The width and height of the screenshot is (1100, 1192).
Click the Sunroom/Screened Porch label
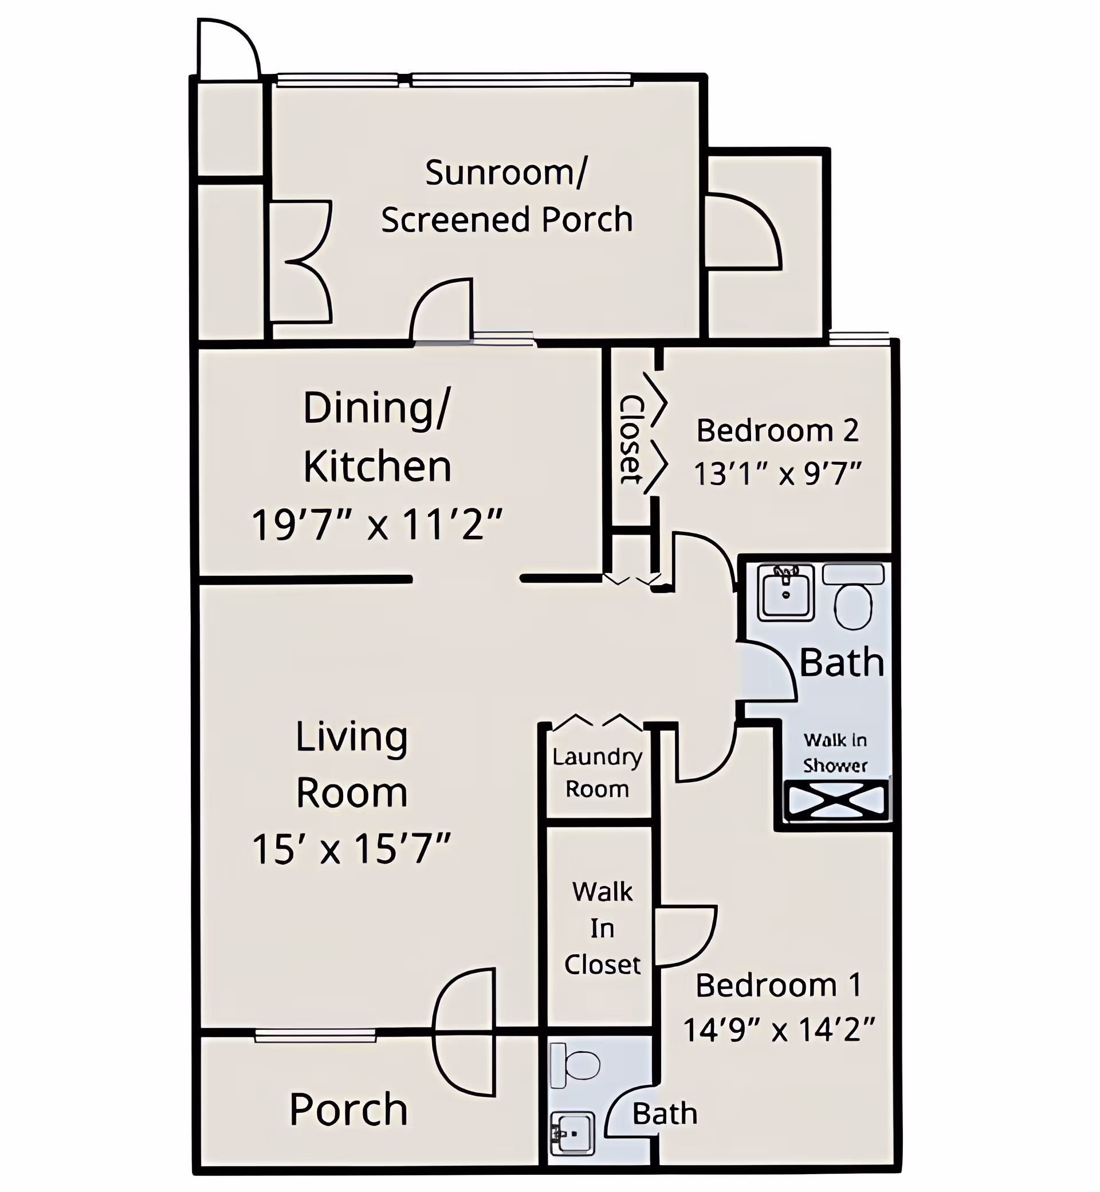(506, 196)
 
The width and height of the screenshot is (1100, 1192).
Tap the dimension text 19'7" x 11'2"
(377, 525)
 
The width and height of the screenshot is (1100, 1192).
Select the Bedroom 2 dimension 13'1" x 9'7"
(777, 475)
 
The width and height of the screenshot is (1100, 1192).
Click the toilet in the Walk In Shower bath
(853, 598)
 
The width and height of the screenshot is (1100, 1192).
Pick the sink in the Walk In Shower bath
(785, 593)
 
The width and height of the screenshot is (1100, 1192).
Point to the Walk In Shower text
(835, 752)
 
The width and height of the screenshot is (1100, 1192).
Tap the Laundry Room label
(597, 773)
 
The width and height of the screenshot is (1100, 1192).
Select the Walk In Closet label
(602, 928)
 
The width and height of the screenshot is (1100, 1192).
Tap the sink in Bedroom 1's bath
(572, 1132)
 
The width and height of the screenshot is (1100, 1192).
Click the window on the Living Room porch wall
(316, 1036)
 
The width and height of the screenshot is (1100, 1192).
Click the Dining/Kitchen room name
(377, 437)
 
